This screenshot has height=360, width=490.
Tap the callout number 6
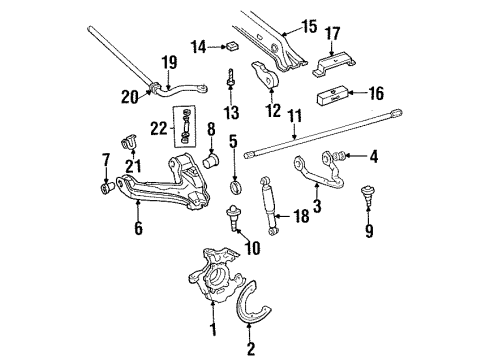(x=138, y=229)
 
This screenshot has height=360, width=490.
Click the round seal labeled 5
(x=236, y=185)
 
